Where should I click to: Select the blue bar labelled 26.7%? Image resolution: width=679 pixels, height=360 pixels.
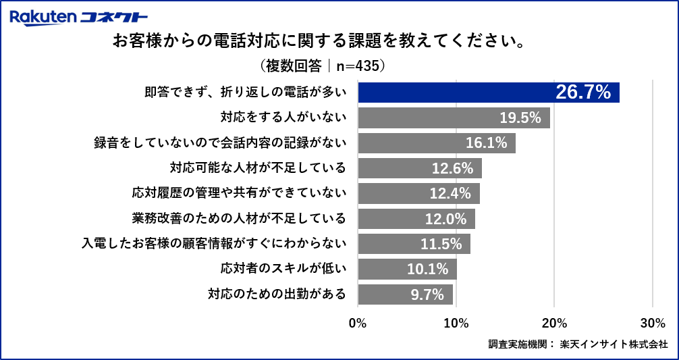(488, 93)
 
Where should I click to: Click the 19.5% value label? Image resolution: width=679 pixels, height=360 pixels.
(520, 118)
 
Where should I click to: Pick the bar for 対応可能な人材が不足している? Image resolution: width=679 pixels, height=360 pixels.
(419, 168)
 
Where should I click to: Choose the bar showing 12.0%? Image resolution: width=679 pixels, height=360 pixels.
(416, 219)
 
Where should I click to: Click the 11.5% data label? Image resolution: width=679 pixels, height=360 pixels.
(441, 244)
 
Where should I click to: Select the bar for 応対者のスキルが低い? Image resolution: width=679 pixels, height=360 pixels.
(407, 269)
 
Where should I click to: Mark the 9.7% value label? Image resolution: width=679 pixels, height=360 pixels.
(427, 294)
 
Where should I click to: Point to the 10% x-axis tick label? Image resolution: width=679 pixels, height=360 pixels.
(456, 323)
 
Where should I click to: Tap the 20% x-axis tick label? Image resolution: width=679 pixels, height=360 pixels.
(554, 323)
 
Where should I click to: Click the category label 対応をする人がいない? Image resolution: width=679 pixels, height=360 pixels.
(283, 118)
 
